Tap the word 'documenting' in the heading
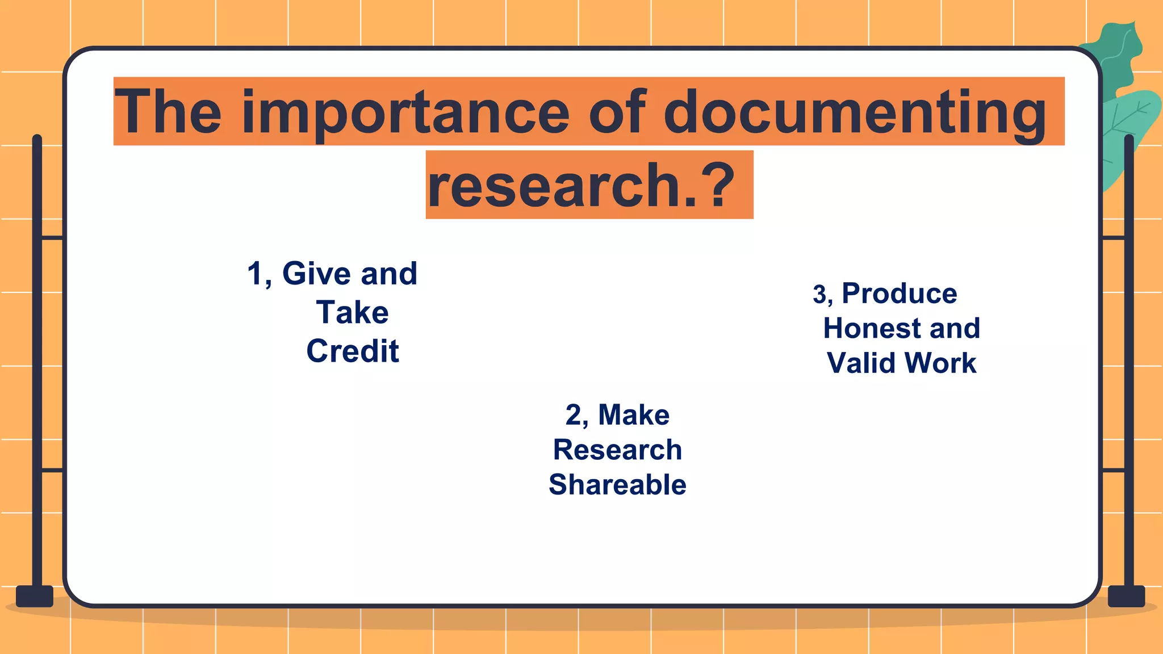click(855, 112)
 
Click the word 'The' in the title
click(168, 112)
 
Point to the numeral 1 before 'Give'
click(256, 274)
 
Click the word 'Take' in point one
click(353, 312)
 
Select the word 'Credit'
click(353, 351)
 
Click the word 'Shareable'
click(617, 484)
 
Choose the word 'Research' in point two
click(617, 450)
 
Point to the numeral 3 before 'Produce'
click(819, 295)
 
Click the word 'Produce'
click(900, 294)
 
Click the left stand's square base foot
click(35, 596)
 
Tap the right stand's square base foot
click(1127, 596)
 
